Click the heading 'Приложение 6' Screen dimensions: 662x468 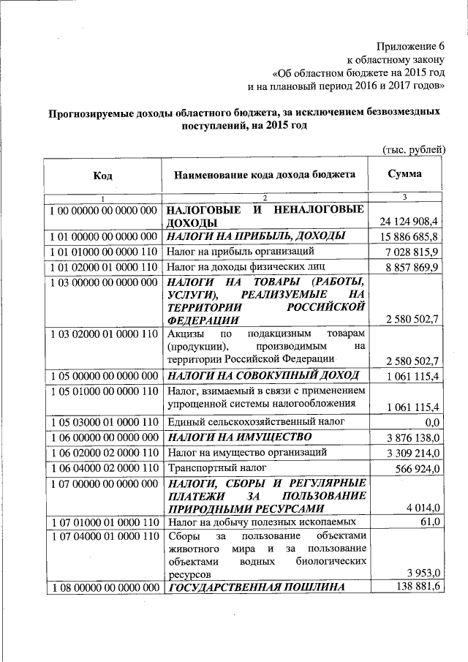(411, 46)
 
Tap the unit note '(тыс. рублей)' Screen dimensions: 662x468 (414, 148)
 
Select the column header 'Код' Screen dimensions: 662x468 (102, 176)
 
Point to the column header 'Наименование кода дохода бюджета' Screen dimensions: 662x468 (265, 175)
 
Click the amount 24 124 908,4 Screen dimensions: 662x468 (409, 221)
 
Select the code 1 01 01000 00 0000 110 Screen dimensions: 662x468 (102, 251)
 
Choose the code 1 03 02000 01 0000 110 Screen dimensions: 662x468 (102, 334)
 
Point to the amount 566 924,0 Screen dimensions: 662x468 (415, 468)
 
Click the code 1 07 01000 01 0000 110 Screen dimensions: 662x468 (102, 522)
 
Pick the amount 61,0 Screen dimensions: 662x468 (429, 522)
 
